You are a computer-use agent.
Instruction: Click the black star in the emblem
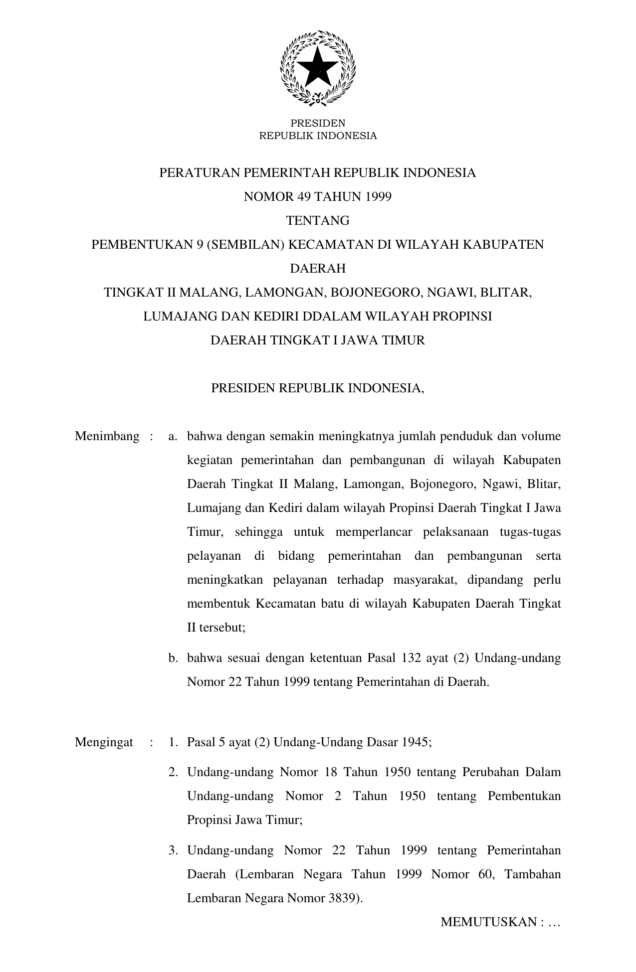(x=318, y=68)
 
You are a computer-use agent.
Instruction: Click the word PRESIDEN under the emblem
(x=318, y=123)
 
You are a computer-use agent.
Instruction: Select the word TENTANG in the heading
(x=318, y=221)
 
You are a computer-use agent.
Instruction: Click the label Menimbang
(x=107, y=437)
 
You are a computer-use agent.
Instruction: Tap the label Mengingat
(x=104, y=742)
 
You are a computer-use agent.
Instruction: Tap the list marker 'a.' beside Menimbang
(x=173, y=437)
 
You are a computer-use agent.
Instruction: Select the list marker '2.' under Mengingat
(x=173, y=773)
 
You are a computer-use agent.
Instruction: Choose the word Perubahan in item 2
(x=487, y=773)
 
